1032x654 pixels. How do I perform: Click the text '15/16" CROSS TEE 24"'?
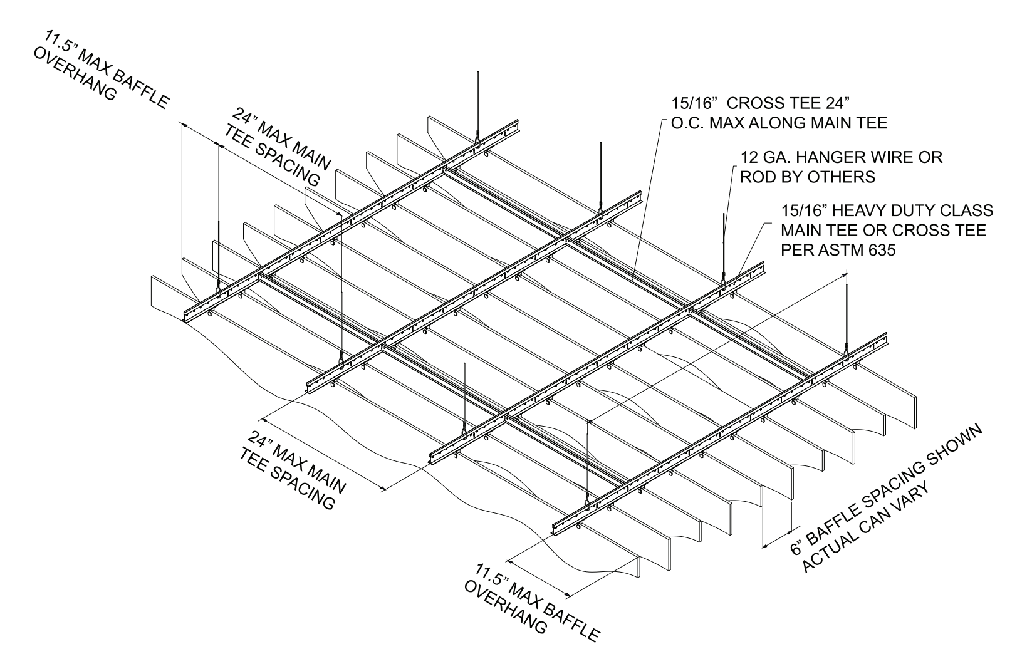tap(760, 102)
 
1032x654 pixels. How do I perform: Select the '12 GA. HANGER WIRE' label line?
tap(841, 157)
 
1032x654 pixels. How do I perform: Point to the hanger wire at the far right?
tap(847, 313)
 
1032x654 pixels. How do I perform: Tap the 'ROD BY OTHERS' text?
tap(807, 177)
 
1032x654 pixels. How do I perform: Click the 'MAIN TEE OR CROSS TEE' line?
tap(883, 231)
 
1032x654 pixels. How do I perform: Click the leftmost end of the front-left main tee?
tap(186, 317)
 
